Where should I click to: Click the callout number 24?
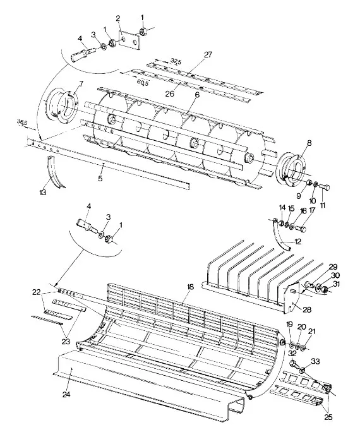click(66, 395)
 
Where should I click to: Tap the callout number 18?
click(190, 287)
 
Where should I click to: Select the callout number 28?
click(307, 309)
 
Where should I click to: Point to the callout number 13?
click(43, 193)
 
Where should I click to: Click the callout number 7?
click(81, 83)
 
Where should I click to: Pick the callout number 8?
click(309, 143)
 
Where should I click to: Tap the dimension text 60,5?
click(143, 83)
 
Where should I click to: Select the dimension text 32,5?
click(176, 61)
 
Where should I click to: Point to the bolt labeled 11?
click(325, 186)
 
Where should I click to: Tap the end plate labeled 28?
click(292, 297)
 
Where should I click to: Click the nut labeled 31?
click(325, 290)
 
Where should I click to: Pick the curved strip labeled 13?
click(55, 172)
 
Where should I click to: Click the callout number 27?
click(208, 54)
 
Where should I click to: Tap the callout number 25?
click(328, 417)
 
